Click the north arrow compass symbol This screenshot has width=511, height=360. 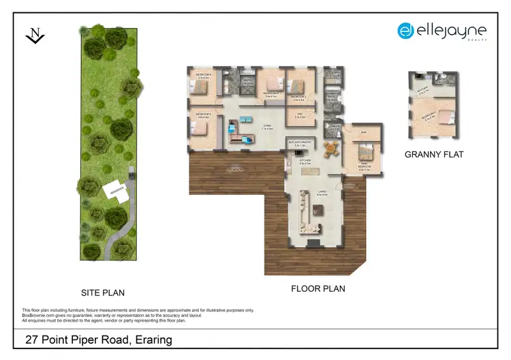35,35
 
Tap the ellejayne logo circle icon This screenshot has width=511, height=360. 406,30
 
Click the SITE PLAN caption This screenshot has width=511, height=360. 103,293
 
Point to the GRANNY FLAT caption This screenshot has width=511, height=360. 434,155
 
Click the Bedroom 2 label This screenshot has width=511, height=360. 298,97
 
